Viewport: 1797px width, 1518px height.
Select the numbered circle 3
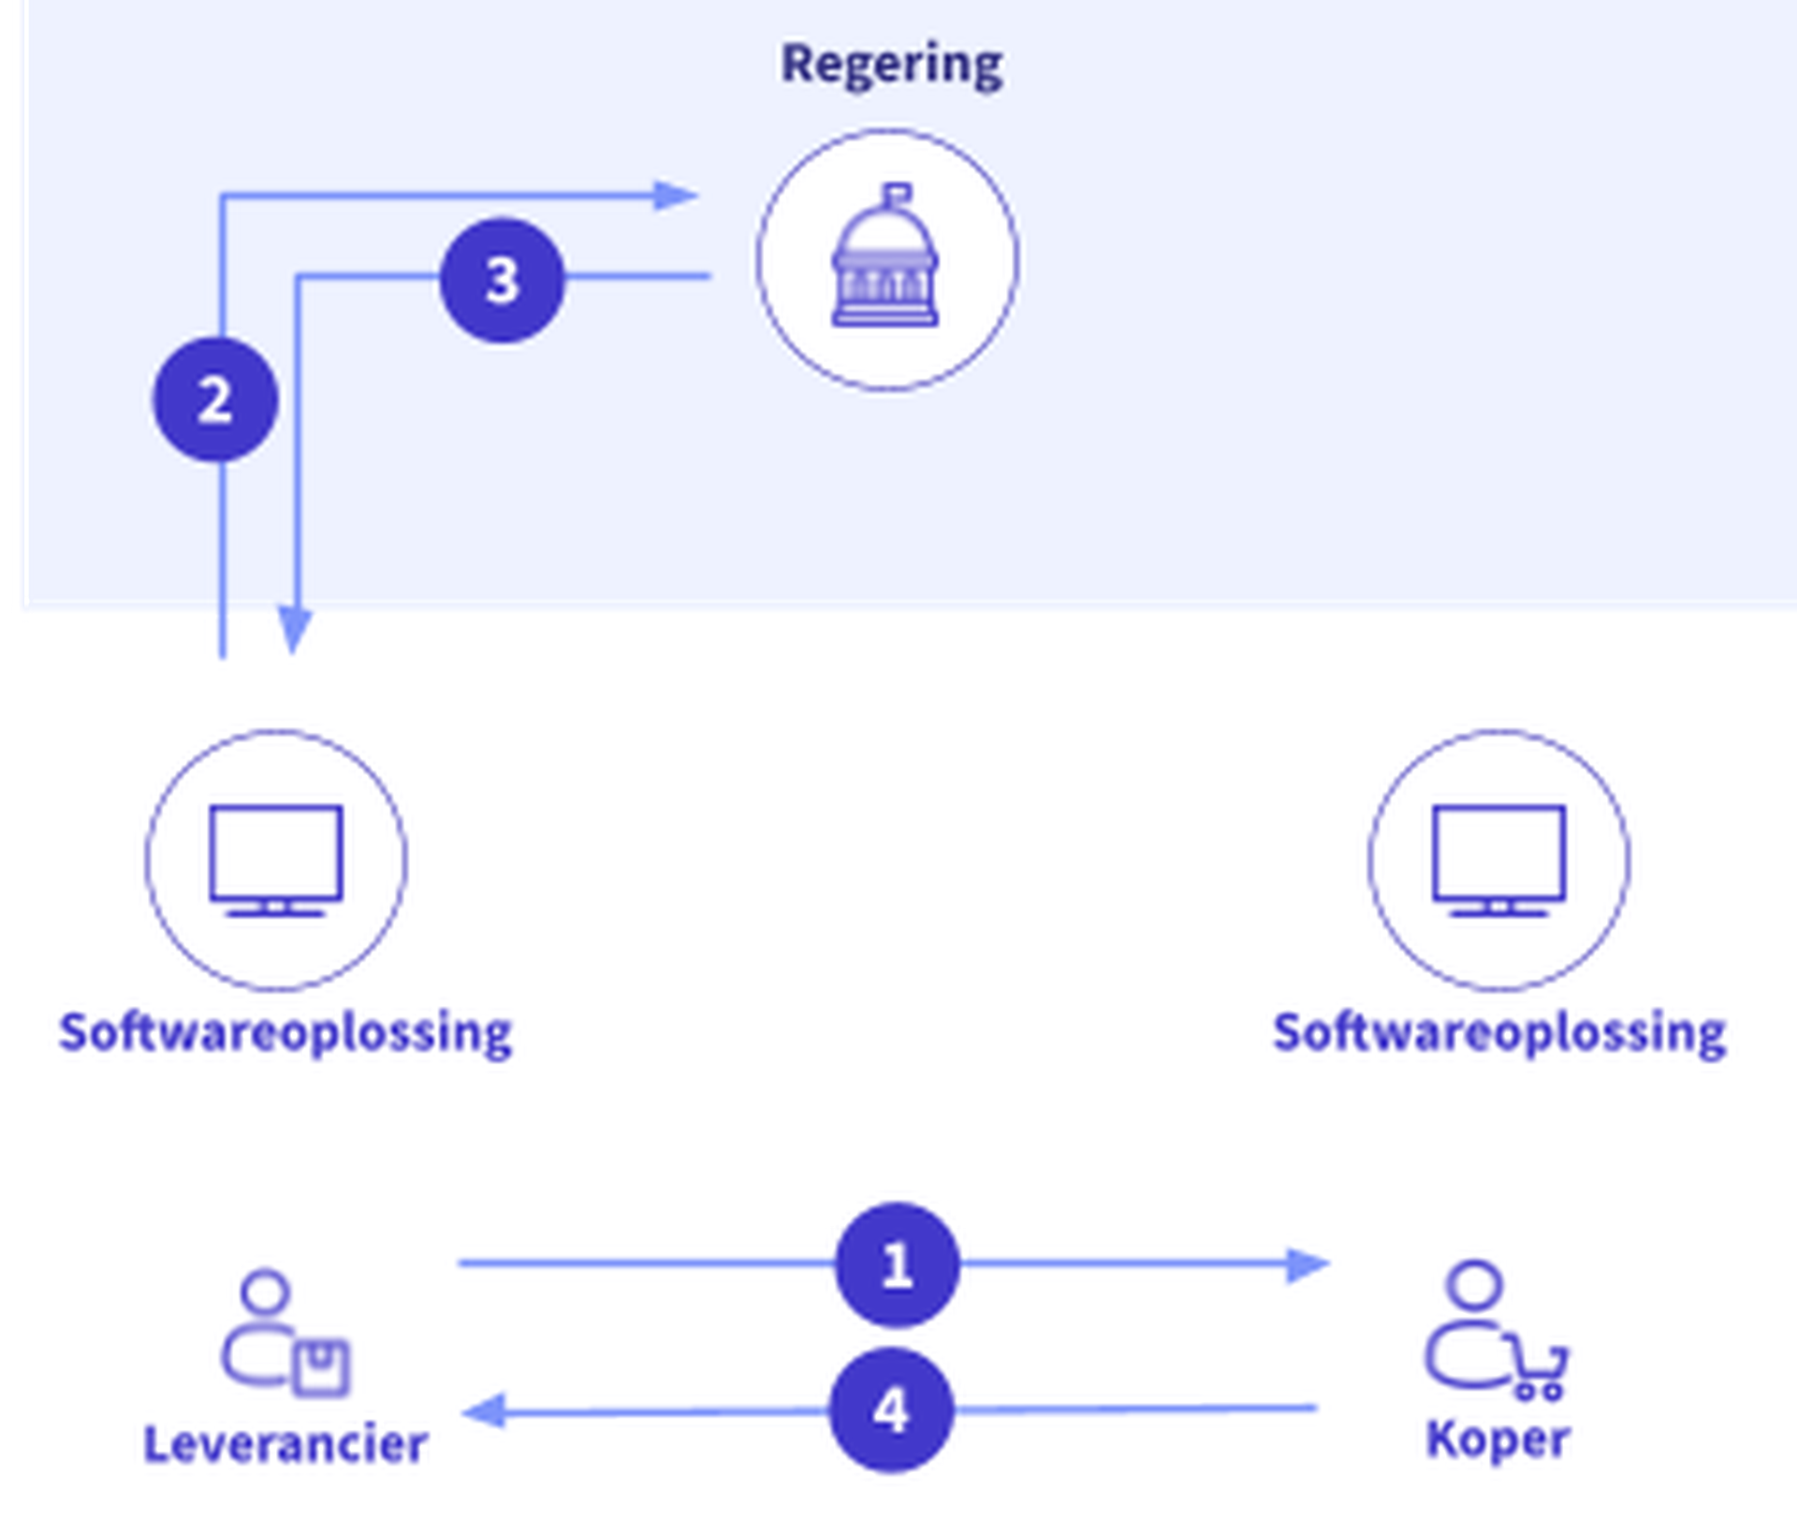502,280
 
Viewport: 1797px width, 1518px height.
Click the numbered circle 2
215,400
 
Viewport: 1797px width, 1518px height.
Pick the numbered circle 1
897,1264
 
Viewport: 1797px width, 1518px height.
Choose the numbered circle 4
891,1409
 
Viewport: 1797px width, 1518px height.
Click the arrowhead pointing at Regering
676,196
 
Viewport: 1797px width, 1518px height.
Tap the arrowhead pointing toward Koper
1307,1264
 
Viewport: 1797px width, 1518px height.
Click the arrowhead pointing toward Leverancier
485,1411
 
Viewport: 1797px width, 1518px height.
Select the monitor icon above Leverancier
276,859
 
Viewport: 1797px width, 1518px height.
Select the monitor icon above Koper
1498,859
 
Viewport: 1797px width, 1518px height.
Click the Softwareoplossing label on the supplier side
285,1033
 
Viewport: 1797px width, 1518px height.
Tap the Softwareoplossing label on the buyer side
1499,1033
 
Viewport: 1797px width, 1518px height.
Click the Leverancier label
285,1444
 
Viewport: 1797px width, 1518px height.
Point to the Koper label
1497,1439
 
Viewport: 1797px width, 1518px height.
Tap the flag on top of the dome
898,194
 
